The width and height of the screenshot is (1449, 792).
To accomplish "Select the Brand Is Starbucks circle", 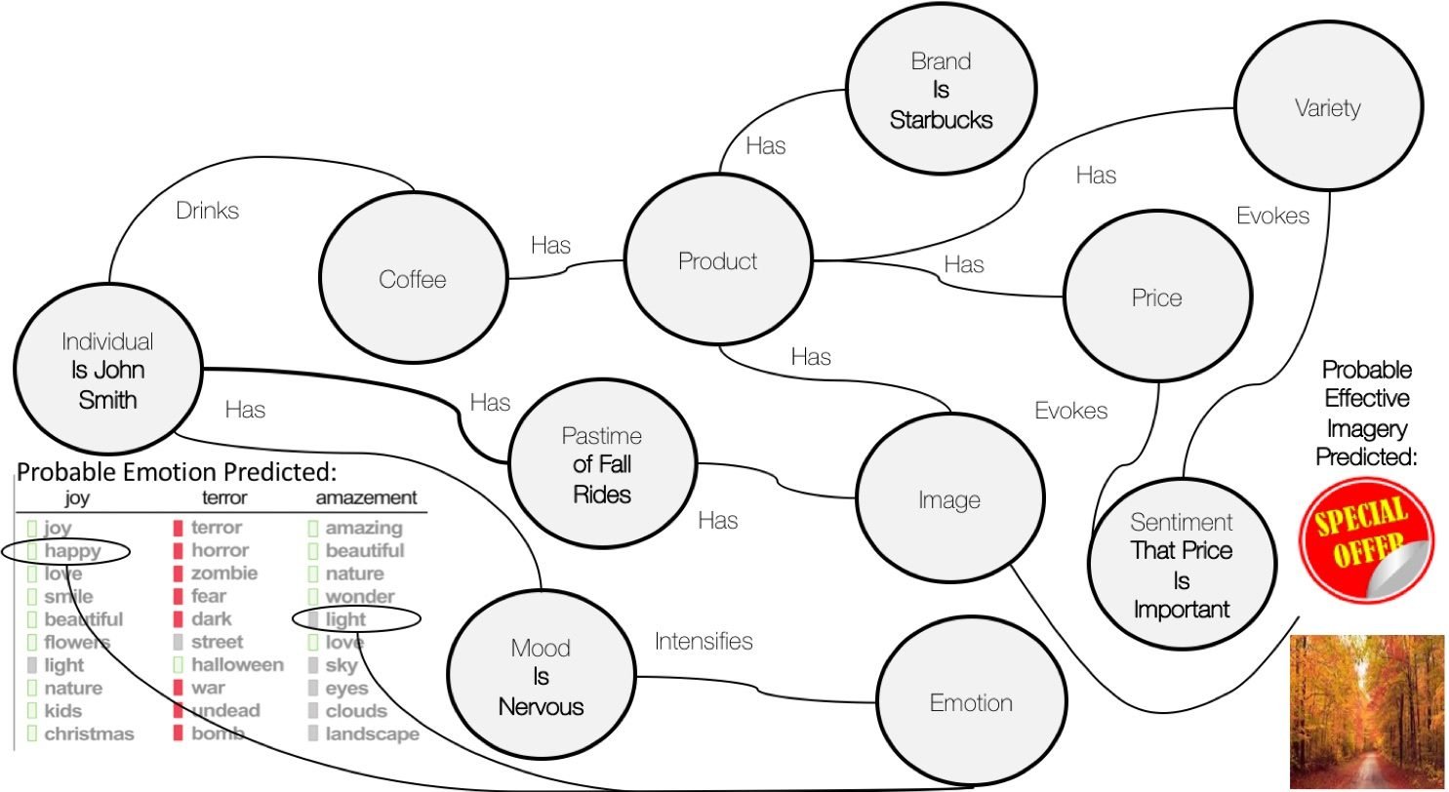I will coord(940,90).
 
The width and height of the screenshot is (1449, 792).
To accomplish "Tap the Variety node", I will coord(1326,107).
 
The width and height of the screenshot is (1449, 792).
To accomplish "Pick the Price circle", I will coord(1156,298).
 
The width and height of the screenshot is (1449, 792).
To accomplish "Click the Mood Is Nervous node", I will coord(540,677).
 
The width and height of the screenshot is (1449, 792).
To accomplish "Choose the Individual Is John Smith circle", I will coord(106,371).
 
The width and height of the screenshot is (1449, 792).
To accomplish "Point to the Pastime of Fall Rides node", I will coord(602,465).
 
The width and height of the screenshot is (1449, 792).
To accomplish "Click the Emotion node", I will coord(970,703).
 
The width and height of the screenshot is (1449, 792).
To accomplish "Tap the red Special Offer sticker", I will coord(1366,537).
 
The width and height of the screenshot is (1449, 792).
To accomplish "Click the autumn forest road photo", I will coord(1367,711).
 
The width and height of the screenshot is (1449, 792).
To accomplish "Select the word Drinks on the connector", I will coord(207,210).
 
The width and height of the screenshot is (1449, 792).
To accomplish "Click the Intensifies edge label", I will coord(704,641).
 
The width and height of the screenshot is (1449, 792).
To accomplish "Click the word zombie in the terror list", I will coord(223,574).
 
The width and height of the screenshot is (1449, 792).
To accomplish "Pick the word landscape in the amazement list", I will coord(372,733).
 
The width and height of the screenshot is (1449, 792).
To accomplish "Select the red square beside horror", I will coord(179,551).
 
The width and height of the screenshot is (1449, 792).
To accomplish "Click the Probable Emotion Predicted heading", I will coord(177,474).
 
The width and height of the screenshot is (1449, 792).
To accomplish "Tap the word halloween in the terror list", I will coord(237,665).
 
